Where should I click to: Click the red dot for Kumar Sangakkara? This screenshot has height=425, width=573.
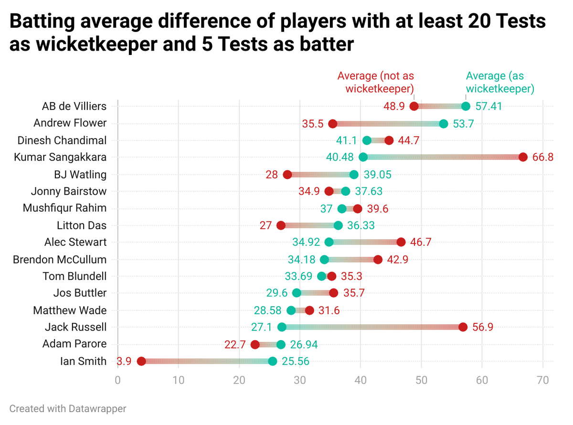[x=523, y=157]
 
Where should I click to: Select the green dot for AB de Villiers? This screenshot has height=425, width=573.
[x=466, y=106]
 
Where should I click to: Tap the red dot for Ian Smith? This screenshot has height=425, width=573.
[x=141, y=361]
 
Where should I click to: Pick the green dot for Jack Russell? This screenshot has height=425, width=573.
[x=282, y=327]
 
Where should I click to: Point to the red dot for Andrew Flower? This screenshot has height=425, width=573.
[x=333, y=124]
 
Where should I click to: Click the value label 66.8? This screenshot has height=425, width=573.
[x=543, y=157]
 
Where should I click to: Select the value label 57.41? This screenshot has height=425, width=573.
[x=489, y=106]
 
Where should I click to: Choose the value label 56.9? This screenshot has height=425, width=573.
[x=483, y=327]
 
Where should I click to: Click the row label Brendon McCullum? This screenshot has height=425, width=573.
[x=60, y=259]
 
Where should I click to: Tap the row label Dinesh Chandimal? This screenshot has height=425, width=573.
[x=62, y=140]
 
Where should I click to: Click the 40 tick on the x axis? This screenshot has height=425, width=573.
[x=361, y=380]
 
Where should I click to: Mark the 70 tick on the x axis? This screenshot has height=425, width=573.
[x=543, y=380]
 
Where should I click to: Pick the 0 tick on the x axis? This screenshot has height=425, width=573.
[x=117, y=380]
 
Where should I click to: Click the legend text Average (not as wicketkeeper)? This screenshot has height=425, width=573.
[x=376, y=82]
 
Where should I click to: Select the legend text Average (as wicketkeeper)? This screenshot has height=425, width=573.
[x=500, y=82]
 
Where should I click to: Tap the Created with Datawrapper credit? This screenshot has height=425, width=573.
[x=68, y=409]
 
